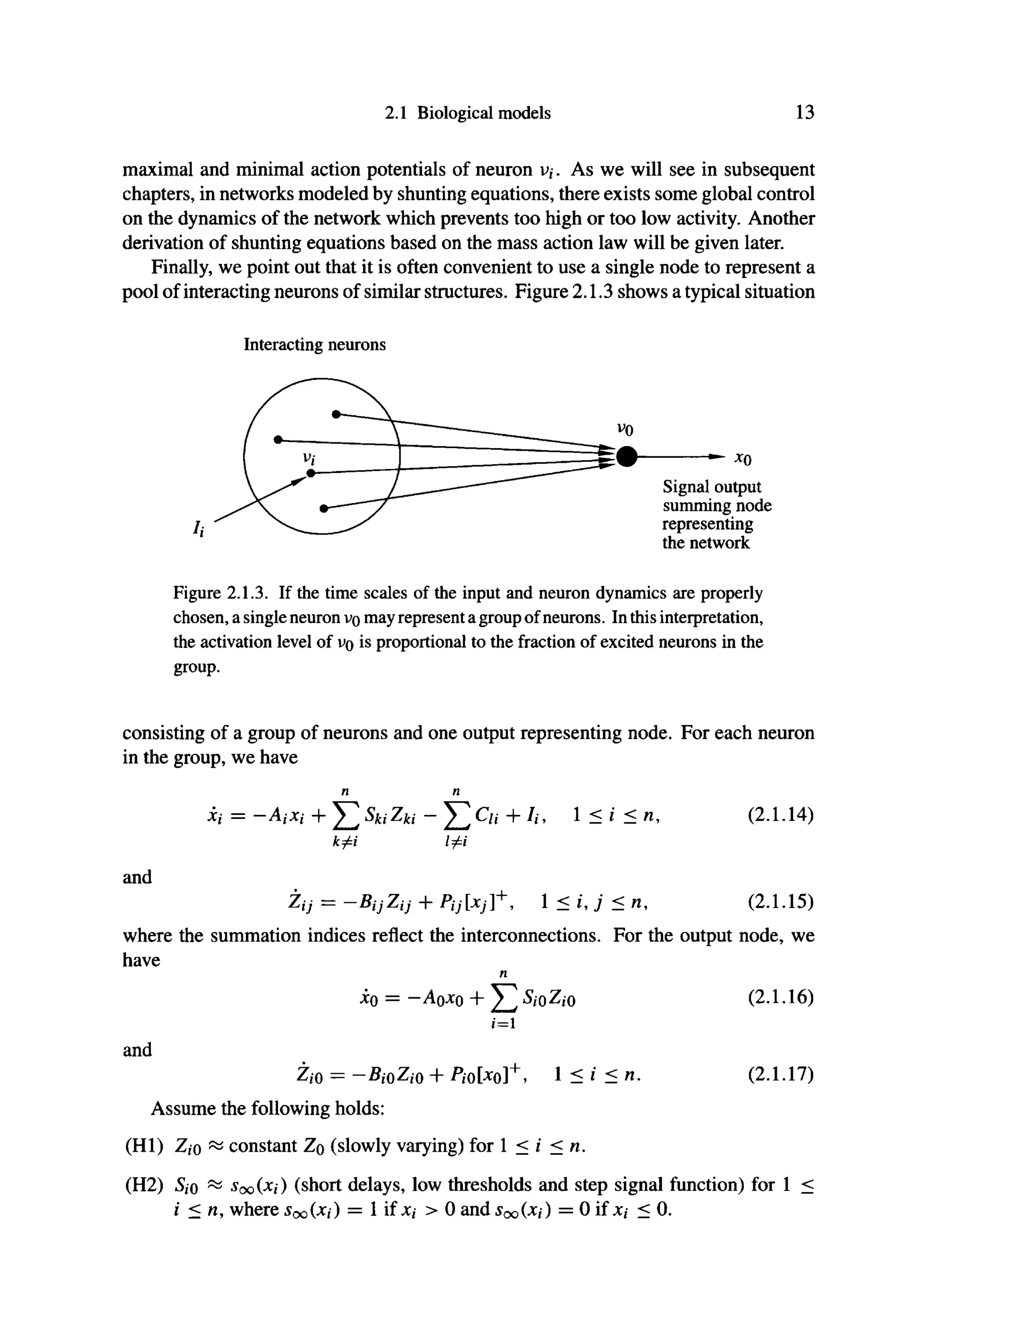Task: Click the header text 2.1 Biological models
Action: coord(468,113)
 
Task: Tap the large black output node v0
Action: coord(627,456)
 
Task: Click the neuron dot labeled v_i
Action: coord(311,473)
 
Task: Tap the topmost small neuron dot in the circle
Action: coord(335,414)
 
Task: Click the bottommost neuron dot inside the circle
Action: coord(324,508)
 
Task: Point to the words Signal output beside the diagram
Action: coord(711,487)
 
